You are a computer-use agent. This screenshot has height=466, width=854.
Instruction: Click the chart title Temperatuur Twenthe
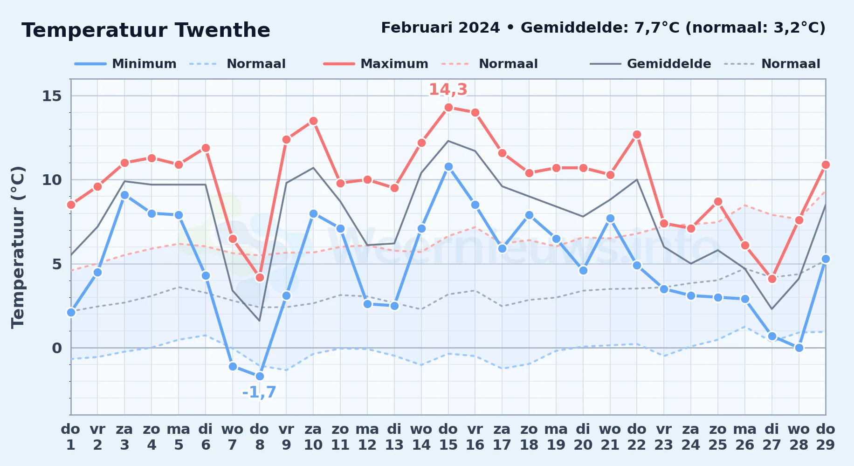[146, 30]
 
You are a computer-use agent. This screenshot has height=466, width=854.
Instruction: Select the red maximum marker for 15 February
[448, 108]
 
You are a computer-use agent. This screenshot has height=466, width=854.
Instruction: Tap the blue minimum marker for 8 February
[260, 376]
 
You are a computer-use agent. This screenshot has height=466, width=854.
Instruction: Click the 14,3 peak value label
[448, 89]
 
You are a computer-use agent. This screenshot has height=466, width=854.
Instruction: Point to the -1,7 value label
[259, 392]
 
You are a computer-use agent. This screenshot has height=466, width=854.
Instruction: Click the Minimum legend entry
[126, 64]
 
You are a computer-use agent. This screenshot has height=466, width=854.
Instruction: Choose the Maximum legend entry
[376, 64]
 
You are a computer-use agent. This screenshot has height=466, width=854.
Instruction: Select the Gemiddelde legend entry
[651, 64]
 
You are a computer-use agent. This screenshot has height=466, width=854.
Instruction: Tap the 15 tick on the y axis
[52, 96]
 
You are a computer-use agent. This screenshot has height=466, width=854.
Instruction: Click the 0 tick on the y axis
[57, 348]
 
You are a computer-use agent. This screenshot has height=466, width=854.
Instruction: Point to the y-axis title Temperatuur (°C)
[18, 247]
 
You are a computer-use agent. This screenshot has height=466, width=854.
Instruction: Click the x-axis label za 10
[313, 437]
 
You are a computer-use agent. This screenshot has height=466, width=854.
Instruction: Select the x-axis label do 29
[826, 437]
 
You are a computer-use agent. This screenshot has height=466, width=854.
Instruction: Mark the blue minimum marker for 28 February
[799, 348]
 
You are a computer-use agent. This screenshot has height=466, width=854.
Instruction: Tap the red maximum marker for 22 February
[637, 135]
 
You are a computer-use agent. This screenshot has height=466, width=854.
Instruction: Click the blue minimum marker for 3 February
[124, 195]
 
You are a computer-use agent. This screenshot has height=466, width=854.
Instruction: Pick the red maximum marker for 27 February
[772, 279]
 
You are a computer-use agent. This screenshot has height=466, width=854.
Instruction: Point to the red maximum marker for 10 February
[313, 121]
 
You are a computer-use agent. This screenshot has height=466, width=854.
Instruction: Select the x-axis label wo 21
[610, 437]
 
